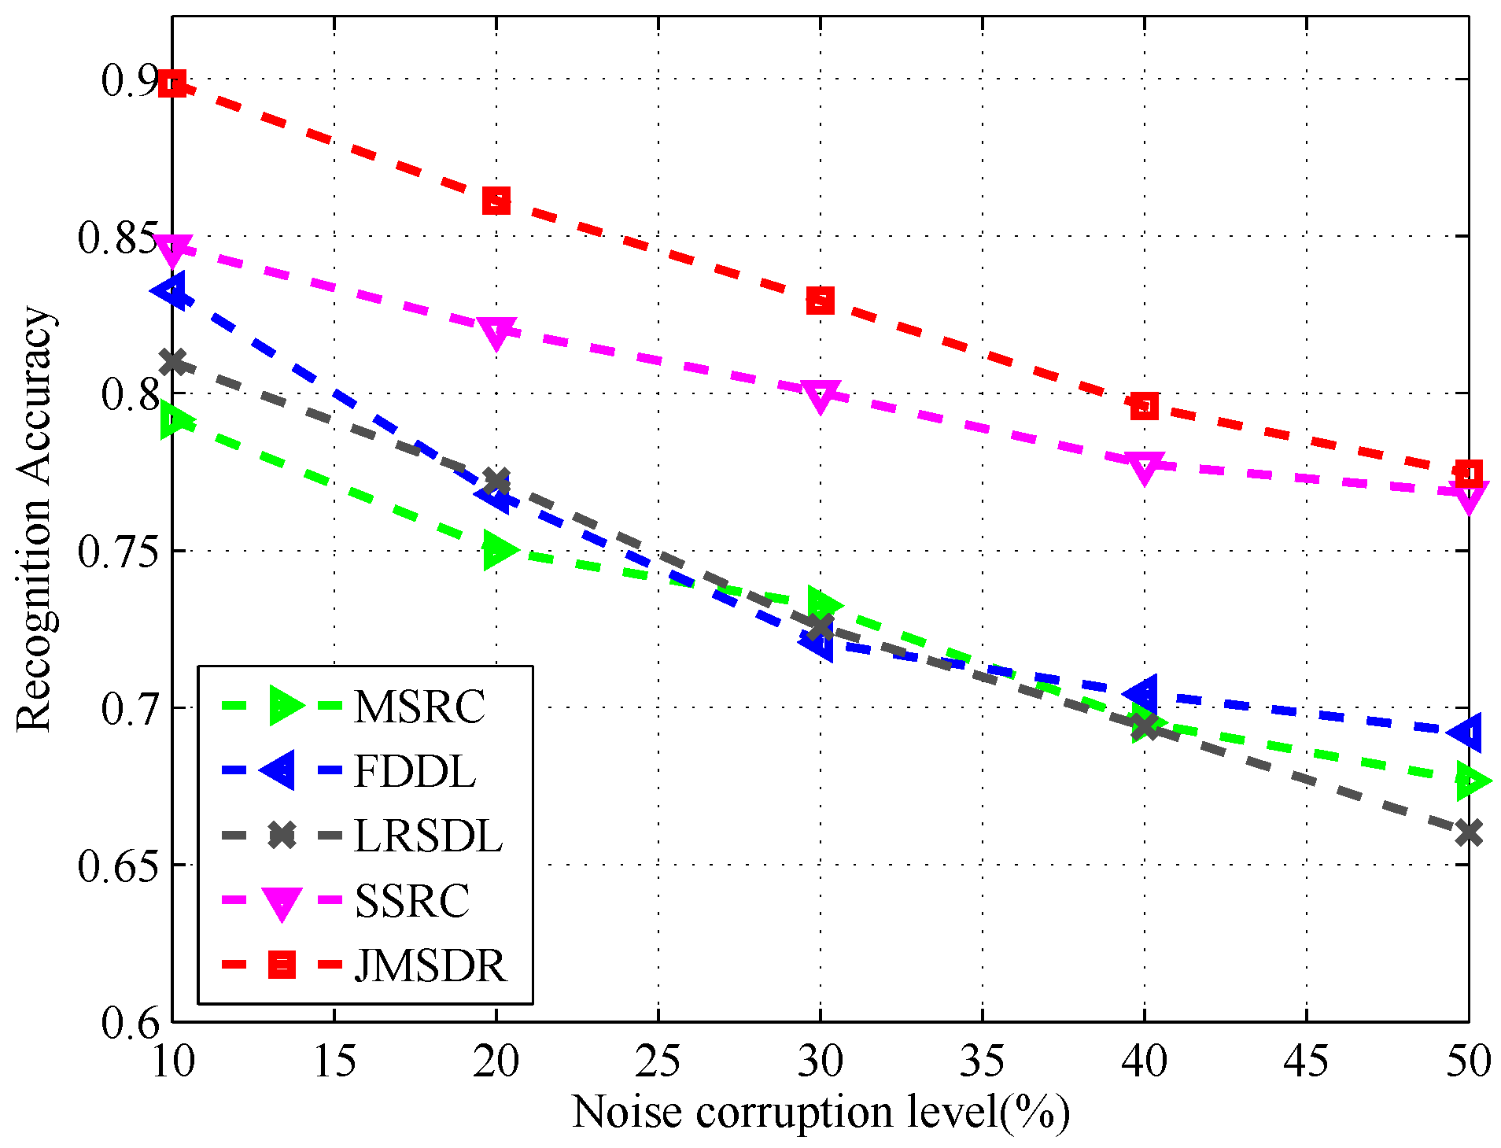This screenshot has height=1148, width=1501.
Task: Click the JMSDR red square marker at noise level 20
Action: [x=496, y=201]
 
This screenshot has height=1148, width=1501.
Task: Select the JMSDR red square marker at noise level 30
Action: [x=820, y=301]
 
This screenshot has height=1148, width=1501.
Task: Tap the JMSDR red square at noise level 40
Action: [x=1144, y=406]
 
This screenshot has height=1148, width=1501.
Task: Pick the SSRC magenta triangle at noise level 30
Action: [x=820, y=396]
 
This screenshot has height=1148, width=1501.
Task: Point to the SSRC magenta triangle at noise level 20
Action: [x=496, y=333]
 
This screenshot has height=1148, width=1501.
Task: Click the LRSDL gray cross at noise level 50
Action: [x=1468, y=832]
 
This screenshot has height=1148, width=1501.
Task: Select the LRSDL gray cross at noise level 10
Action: [x=173, y=363]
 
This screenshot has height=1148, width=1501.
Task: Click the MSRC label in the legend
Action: [x=419, y=707]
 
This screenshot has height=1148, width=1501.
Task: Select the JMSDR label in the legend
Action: [x=430, y=965]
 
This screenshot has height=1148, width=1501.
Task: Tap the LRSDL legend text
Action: [x=428, y=836]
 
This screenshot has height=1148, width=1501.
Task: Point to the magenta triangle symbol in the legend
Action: [x=281, y=903]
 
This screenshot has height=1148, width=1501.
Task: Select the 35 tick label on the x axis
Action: [x=982, y=1061]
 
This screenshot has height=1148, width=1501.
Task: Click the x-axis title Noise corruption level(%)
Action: [x=820, y=1113]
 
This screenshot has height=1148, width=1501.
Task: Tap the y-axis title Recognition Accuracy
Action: [x=35, y=519]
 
